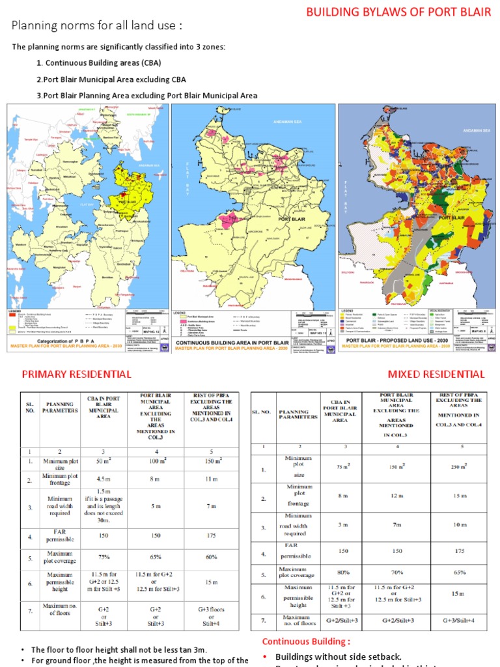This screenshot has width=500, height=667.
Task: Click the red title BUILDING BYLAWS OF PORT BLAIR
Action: click(398, 12)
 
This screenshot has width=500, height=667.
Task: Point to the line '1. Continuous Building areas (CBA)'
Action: click(98, 63)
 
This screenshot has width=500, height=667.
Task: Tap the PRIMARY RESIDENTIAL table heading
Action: click(76, 374)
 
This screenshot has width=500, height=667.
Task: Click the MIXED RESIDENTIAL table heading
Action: click(436, 374)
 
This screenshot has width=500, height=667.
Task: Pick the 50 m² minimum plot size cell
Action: click(103, 462)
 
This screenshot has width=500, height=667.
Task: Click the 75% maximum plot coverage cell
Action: click(103, 557)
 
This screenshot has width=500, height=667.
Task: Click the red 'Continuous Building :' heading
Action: click(301, 642)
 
